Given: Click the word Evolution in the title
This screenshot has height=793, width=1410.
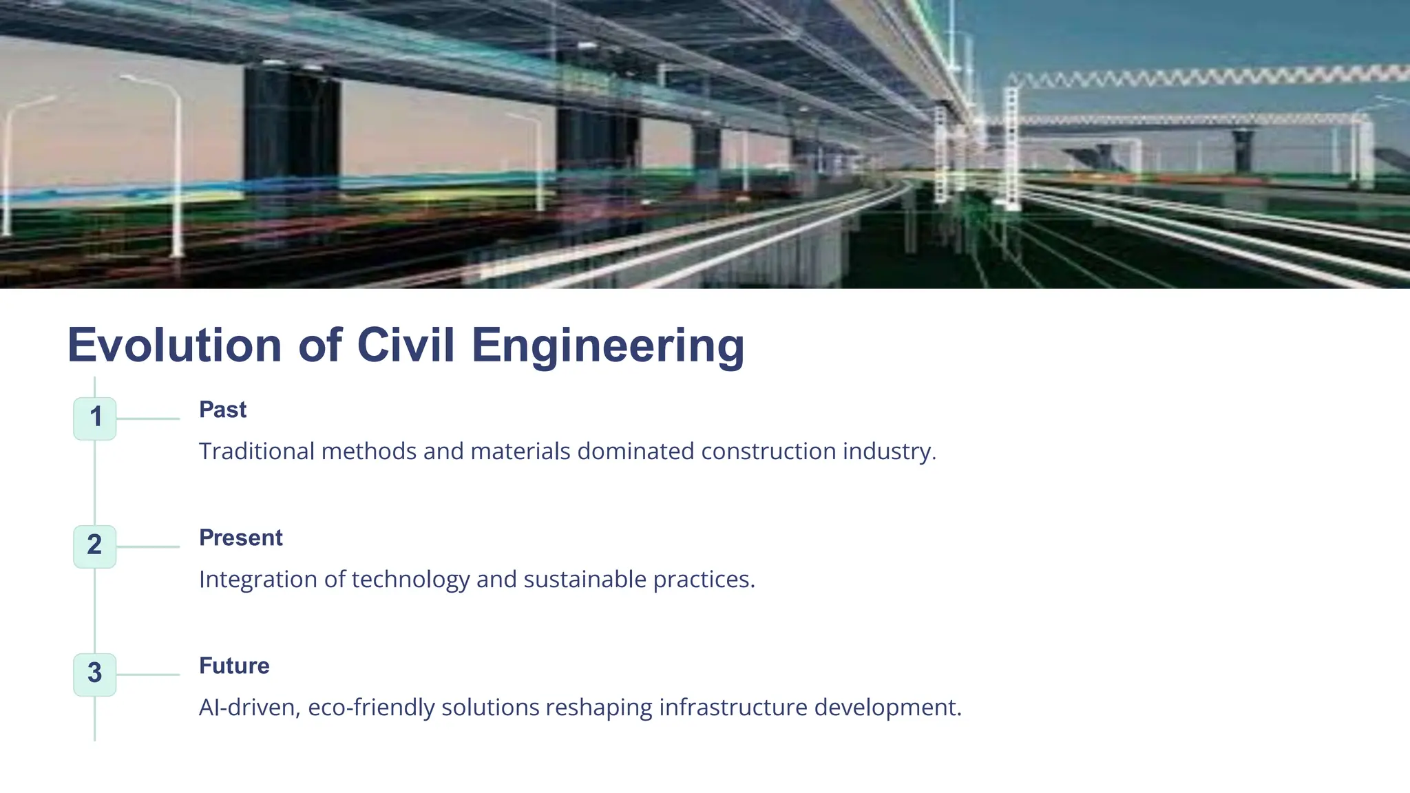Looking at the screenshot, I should (x=175, y=345).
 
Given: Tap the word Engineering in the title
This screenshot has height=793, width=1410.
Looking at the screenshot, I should (x=607, y=345).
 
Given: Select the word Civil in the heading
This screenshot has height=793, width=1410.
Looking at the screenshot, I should (x=406, y=345).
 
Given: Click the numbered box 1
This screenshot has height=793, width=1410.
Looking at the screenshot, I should (x=95, y=418).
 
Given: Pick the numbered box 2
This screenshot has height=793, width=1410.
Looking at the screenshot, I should (x=95, y=546).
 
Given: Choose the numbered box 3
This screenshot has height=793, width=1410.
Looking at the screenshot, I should (x=95, y=674).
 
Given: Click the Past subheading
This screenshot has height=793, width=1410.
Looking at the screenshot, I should (x=222, y=410).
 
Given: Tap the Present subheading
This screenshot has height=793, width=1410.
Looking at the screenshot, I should (x=240, y=538).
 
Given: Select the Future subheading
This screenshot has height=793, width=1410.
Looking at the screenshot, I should (x=234, y=666).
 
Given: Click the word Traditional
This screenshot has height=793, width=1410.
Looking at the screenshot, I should (x=256, y=452).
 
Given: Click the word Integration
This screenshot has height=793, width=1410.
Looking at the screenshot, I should (x=257, y=580).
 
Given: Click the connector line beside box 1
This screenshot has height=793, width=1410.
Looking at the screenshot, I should (x=148, y=419).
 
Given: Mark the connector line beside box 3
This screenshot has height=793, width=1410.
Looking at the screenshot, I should (x=148, y=675).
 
